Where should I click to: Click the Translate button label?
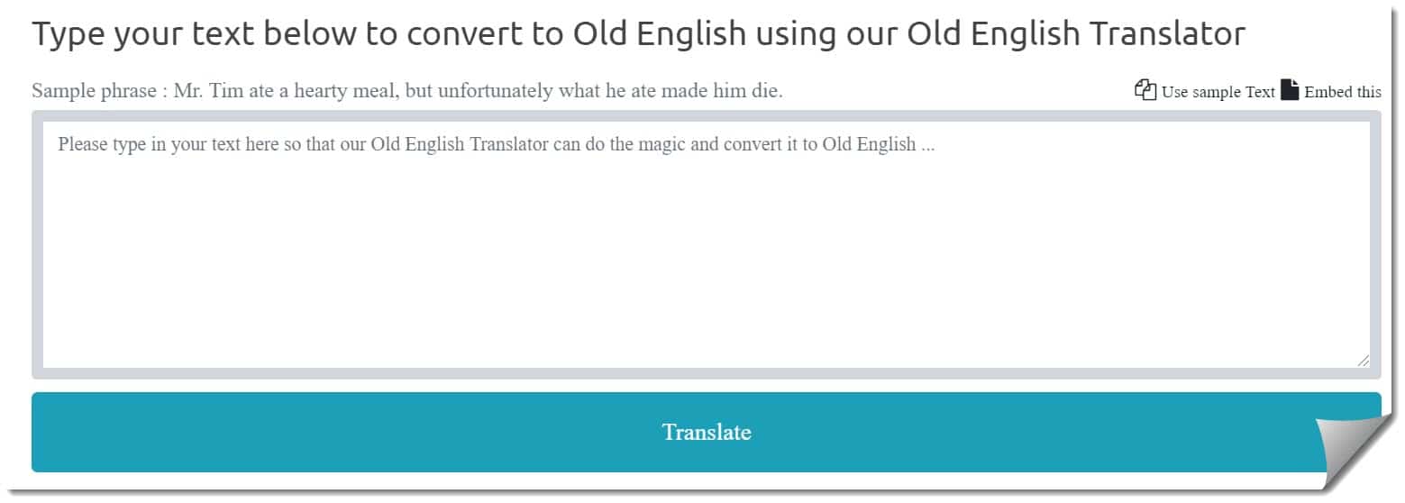coord(707,432)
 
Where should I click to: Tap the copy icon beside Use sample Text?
coord(1145,89)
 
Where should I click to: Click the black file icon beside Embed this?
coord(1290,89)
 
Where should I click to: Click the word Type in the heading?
coord(68,34)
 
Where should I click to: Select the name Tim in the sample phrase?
coord(226,90)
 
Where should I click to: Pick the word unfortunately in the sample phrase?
coord(495,91)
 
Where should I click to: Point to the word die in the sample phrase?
coord(767,90)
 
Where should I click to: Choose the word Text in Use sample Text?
coord(1260,92)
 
